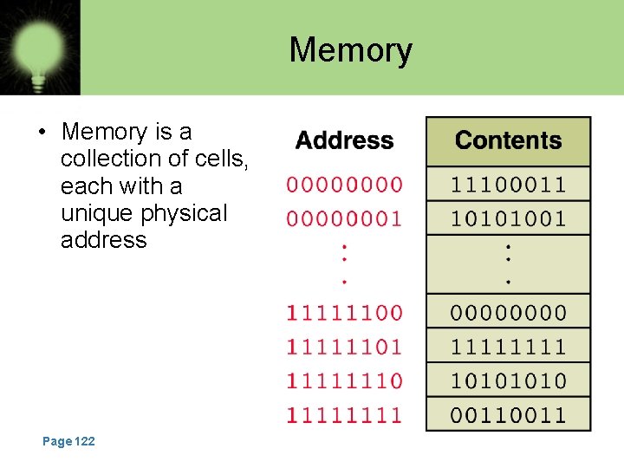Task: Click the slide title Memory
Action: tap(350, 50)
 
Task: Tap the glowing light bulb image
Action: tap(39, 48)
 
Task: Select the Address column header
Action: tap(344, 140)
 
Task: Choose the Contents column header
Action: tap(508, 140)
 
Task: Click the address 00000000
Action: tap(344, 185)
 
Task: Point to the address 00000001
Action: tap(344, 218)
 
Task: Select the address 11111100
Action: tap(344, 312)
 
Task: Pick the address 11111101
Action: tap(344, 347)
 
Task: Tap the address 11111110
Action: tap(344, 380)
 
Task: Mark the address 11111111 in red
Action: tap(344, 414)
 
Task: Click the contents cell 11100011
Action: tap(508, 185)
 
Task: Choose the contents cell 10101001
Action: tap(508, 218)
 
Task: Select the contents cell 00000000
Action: tap(508, 312)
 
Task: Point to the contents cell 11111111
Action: tap(508, 347)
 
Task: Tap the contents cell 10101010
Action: tap(508, 380)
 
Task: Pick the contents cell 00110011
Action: tap(508, 414)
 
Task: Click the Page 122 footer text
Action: tap(68, 442)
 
